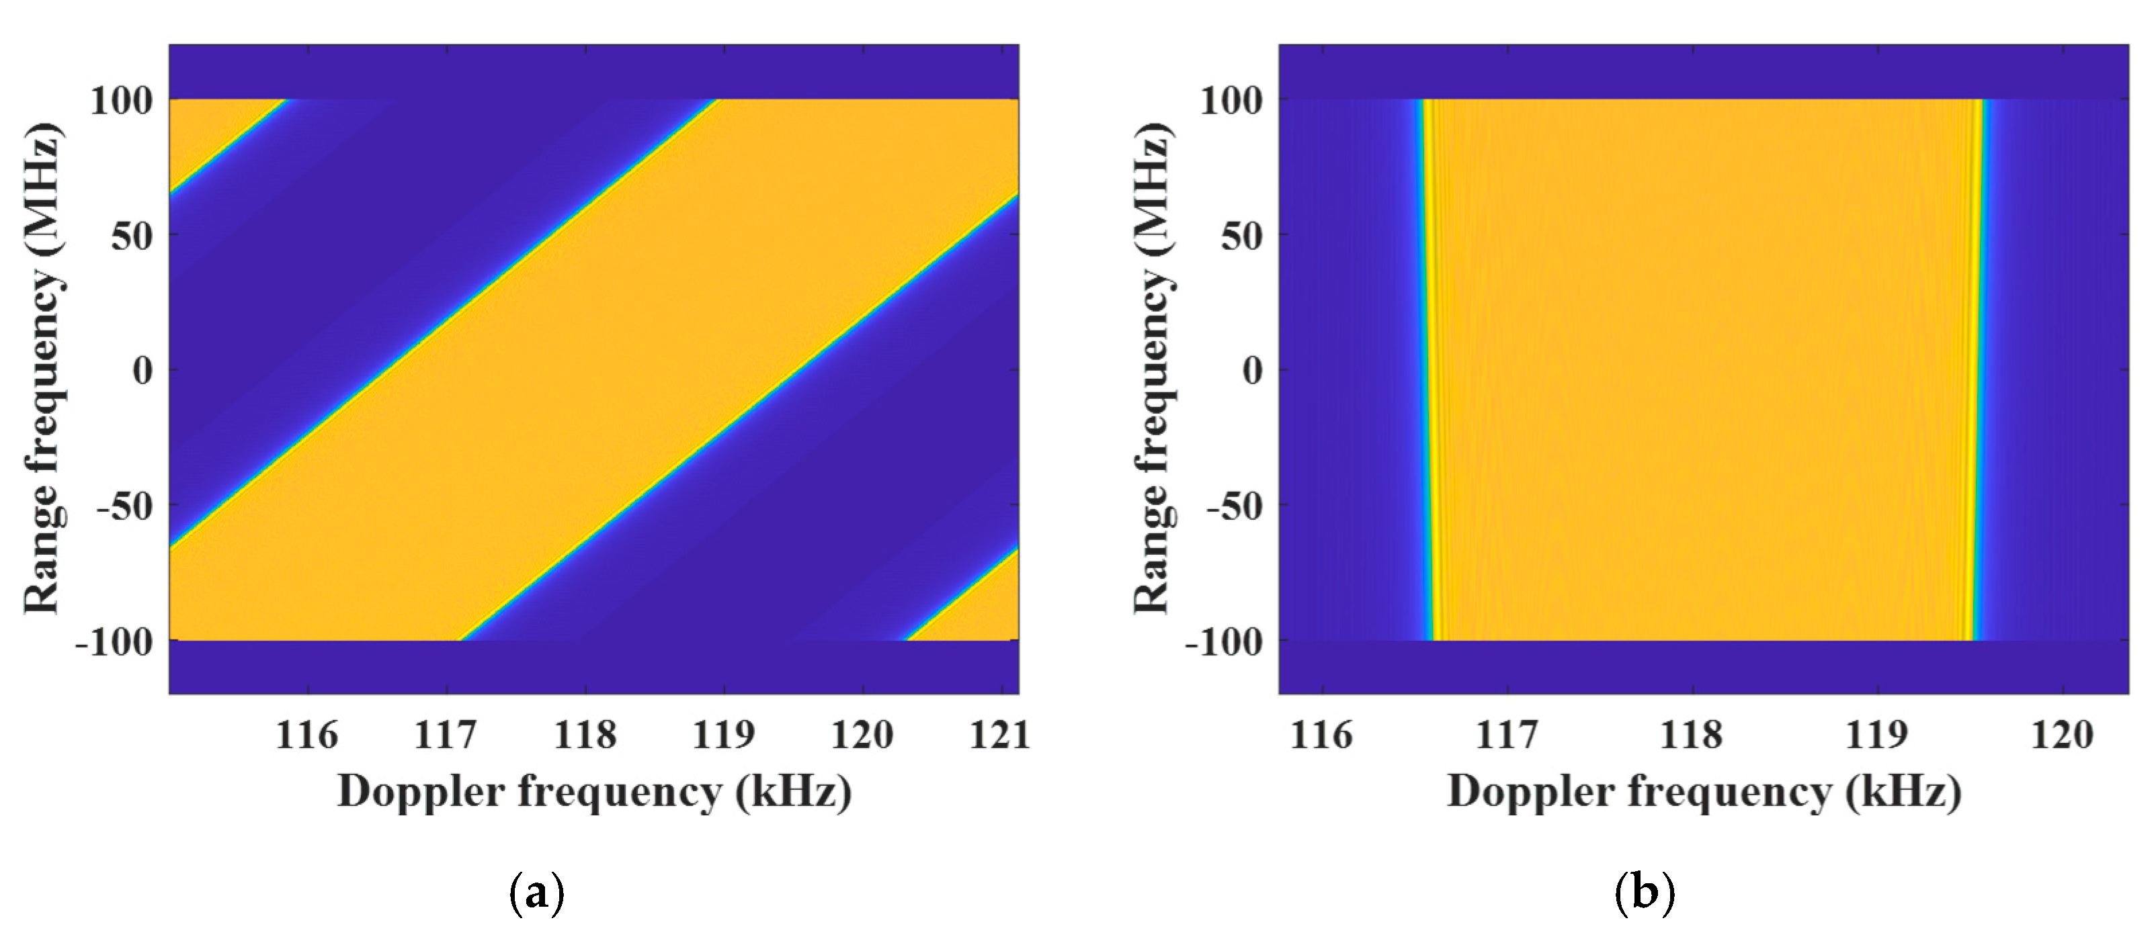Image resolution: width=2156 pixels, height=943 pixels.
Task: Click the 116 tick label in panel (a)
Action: [x=306, y=735]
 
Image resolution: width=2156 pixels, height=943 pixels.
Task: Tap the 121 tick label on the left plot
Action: [x=999, y=735]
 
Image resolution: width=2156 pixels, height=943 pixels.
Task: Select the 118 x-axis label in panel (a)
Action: [x=585, y=735]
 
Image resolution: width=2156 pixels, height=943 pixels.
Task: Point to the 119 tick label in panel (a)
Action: [x=723, y=735]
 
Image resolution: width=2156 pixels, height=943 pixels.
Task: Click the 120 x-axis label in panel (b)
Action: [x=2061, y=735]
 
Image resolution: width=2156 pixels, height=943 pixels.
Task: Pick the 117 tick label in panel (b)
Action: [x=1507, y=735]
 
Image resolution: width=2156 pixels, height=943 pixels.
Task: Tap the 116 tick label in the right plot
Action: [x=1321, y=735]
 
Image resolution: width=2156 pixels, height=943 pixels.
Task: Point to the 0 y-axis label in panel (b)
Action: [x=1252, y=370]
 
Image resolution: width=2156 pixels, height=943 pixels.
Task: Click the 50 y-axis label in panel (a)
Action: [x=132, y=236]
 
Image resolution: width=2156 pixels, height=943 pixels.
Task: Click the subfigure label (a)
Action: [x=536, y=893]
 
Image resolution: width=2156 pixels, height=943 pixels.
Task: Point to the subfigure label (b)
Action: [x=1645, y=893]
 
